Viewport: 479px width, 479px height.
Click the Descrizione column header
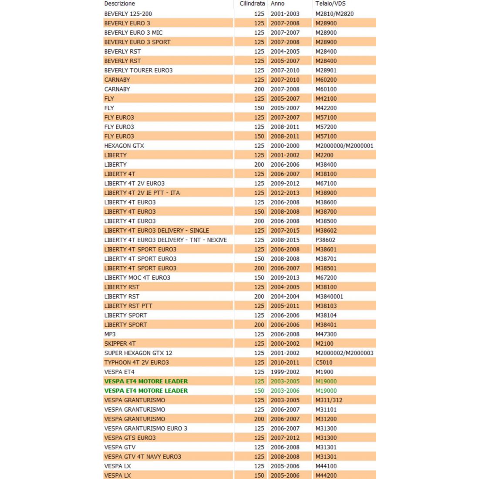[120, 3]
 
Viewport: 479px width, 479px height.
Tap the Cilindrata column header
[252, 3]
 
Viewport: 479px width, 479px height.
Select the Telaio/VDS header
[331, 3]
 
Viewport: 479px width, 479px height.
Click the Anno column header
[277, 3]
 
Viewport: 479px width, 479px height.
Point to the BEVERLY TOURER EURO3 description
[138, 70]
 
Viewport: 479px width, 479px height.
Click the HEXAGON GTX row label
[124, 145]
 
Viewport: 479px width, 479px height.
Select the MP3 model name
[110, 334]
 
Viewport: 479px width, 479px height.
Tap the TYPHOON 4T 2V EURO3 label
[137, 362]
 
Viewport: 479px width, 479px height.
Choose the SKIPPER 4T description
[120, 344]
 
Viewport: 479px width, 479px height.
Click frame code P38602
[326, 240]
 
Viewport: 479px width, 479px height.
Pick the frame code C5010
[324, 362]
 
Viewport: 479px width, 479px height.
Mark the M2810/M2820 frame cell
[334, 13]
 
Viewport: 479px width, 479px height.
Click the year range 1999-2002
[285, 372]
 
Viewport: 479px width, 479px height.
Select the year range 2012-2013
[285, 193]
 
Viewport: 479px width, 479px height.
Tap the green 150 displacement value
[259, 391]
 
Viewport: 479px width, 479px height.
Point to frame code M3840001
[329, 297]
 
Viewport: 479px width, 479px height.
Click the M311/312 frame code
[329, 400]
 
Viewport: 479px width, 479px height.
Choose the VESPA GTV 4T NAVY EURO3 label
[143, 457]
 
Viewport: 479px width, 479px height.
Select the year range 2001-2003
[285, 13]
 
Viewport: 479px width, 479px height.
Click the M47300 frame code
[326, 334]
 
